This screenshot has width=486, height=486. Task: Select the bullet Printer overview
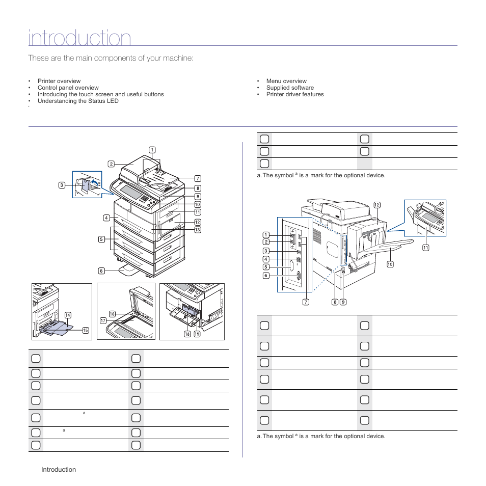59,81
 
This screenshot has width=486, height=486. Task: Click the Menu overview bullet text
286,81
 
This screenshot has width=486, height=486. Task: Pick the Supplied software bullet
290,88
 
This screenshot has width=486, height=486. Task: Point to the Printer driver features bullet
295,94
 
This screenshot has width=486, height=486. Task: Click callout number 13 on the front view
197,230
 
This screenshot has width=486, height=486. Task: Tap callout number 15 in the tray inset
85,330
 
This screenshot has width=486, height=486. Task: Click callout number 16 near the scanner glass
112,314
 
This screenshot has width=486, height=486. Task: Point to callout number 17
103,321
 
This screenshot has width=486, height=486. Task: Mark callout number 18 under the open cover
187,334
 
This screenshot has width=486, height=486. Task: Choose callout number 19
196,334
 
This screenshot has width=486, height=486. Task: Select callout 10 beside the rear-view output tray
390,264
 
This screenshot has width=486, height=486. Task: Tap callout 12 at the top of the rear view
377,205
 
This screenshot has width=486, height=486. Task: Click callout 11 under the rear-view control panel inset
425,248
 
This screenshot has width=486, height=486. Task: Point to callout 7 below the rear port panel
306,302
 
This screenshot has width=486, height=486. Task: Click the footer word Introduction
59,469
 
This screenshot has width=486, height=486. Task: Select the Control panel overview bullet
68,88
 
